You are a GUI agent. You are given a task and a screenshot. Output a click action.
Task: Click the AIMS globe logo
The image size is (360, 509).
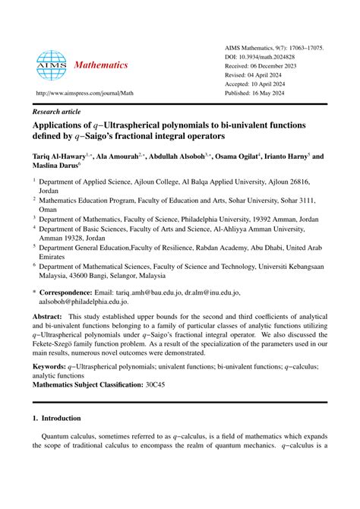51,65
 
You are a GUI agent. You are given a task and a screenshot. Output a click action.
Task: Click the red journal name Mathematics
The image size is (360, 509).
100,65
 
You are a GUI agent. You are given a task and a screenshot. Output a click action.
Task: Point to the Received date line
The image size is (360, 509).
270,67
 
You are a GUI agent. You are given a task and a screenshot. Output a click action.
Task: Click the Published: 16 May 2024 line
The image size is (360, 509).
267,96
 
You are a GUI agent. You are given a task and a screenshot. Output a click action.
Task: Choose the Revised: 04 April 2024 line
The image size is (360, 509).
266,77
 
